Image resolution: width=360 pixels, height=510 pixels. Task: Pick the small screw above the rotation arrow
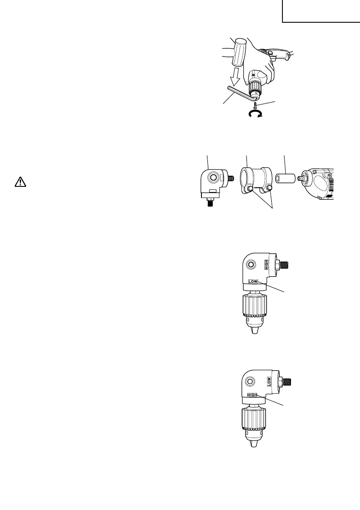tap(255, 104)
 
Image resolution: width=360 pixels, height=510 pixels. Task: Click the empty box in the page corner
tap(321, 12)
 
